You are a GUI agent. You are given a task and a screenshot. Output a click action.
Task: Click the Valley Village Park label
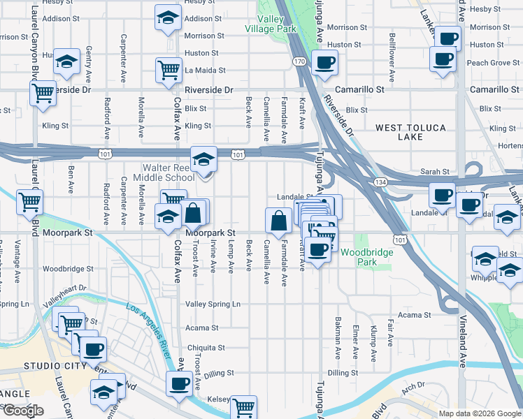[271, 23]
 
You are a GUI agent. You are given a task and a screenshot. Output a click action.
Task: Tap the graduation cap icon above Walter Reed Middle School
[203, 160]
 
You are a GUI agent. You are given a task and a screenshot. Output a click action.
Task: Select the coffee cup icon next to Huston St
[324, 62]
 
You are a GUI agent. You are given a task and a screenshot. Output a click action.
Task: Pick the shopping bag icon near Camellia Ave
[278, 221]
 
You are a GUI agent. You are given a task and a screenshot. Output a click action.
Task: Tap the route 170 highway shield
[299, 61]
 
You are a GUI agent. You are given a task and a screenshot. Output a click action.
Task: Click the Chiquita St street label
[206, 347]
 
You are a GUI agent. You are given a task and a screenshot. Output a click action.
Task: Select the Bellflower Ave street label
[392, 49]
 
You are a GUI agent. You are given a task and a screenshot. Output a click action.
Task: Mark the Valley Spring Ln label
[213, 304]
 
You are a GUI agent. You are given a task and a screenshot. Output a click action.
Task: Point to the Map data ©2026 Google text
[480, 413]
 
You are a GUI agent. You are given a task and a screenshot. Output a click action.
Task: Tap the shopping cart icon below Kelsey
[243, 408]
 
